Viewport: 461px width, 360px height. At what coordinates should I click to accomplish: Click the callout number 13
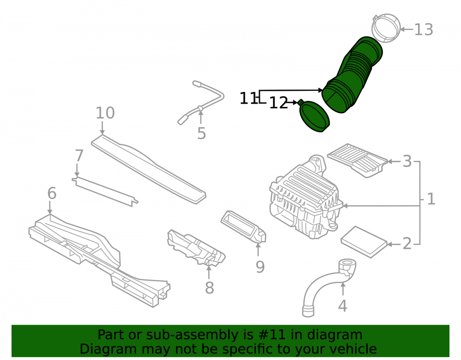click(x=424, y=30)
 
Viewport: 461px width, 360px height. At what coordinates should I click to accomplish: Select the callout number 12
click(x=278, y=103)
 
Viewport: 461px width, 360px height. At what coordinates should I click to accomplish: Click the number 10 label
click(x=105, y=113)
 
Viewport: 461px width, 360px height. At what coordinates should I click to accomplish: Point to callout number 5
click(x=201, y=134)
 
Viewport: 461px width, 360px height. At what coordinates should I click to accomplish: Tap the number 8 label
click(x=209, y=288)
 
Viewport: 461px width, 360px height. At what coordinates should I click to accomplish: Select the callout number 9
click(x=260, y=267)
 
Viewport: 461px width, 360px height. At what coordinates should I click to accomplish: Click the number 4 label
click(x=343, y=306)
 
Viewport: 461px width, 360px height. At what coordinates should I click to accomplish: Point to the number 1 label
click(x=431, y=199)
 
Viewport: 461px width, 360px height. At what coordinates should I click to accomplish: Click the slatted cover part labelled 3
click(x=357, y=160)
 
